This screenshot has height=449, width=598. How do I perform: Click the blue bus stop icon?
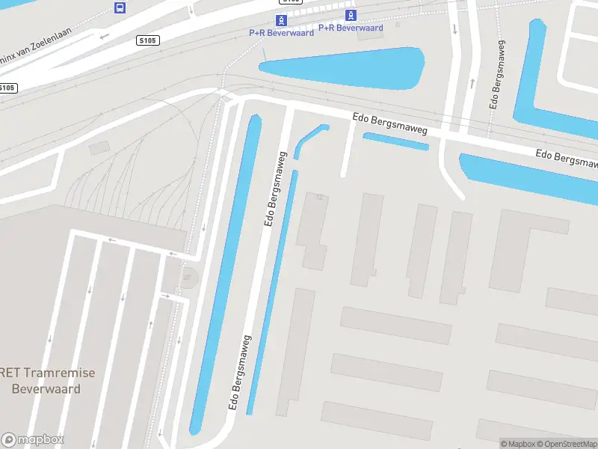pyautogui.click(x=120, y=7)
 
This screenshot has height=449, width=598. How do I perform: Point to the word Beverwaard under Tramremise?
pyautogui.click(x=46, y=389)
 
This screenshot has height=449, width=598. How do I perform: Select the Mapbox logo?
pyautogui.click(x=33, y=440)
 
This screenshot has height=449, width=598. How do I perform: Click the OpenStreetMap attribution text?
pyautogui.click(x=565, y=444)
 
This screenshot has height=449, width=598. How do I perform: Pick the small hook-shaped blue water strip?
pyautogui.click(x=308, y=138)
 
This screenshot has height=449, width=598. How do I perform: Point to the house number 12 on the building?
pyautogui.click(x=321, y=198)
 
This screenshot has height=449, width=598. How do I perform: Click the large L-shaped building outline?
pyautogui.click(x=523, y=247)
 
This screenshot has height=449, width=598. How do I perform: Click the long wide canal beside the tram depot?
pyautogui.click(x=224, y=277)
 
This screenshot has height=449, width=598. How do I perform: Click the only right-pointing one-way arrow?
pyautogui.click(x=166, y=296)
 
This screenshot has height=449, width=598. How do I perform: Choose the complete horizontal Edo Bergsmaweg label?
pyautogui.click(x=389, y=124)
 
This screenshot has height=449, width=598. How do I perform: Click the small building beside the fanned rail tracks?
pyautogui.click(x=99, y=148)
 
